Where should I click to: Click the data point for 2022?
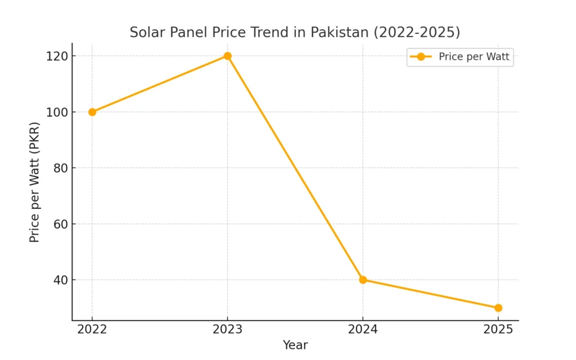coord(92,112)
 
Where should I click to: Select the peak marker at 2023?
coord(227,56)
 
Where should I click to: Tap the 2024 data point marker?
coord(363,280)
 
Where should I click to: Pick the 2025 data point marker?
coord(498,308)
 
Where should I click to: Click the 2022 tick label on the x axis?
coord(92,330)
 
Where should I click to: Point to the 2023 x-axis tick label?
coord(227,330)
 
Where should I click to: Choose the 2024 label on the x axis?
coord(363,330)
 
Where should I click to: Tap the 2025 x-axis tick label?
coord(498,330)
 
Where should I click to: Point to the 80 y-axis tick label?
coord(60,168)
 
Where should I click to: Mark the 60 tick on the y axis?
coord(60,224)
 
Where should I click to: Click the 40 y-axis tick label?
coord(60,280)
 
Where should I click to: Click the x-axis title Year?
coord(295,345)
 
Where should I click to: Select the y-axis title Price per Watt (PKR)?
coord(35,182)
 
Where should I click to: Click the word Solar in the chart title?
coord(143,33)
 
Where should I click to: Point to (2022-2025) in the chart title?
coord(417,33)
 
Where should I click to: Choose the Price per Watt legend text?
coord(474,56)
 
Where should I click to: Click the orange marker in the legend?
coord(421,56)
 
